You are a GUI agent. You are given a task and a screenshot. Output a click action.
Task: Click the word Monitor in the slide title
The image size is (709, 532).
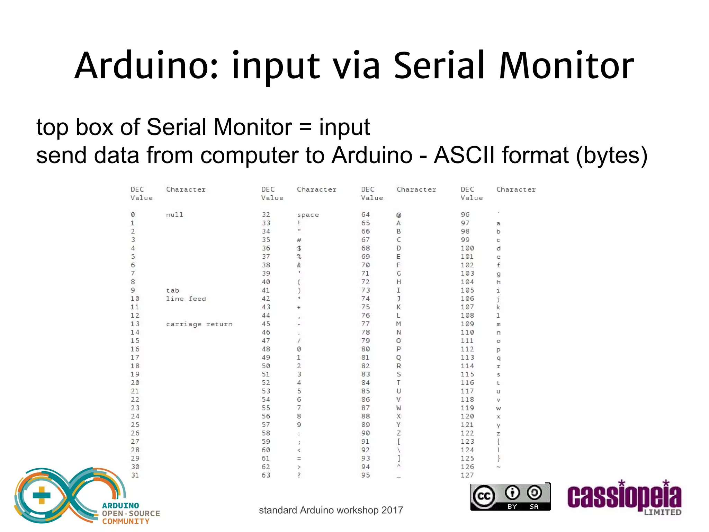[x=566, y=66]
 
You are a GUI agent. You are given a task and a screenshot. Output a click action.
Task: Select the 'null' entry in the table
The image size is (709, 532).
[x=174, y=215]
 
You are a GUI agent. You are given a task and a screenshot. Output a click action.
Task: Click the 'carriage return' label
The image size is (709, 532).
[x=199, y=324]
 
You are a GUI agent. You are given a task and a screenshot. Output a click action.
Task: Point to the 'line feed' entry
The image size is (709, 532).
[x=186, y=299]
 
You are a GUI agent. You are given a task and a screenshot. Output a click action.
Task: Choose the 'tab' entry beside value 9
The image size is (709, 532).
[x=173, y=291]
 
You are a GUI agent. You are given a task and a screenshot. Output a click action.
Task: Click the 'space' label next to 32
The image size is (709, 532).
[x=308, y=215]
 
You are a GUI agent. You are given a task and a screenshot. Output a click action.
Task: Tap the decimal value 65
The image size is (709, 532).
[x=366, y=223]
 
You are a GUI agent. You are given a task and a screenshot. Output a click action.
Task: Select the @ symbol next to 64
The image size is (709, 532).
[x=399, y=215]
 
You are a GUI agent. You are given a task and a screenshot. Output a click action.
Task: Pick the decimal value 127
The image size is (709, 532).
[x=467, y=475]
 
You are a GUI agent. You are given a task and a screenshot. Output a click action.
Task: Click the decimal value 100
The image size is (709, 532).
[x=467, y=248]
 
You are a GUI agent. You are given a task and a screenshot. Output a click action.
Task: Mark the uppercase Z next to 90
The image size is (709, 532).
[x=399, y=433]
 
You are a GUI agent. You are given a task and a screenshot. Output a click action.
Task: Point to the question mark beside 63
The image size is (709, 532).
[x=299, y=475]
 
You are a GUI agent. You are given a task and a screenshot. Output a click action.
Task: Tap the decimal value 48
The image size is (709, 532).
[x=266, y=349]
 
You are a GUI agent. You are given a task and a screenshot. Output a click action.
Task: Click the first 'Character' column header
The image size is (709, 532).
[x=186, y=189]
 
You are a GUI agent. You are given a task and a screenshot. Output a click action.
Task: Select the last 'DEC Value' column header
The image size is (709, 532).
[x=471, y=194]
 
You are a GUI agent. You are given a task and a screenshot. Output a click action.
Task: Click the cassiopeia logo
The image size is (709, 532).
[x=624, y=497]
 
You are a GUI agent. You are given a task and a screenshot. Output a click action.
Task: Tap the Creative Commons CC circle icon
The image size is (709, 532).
[x=484, y=496]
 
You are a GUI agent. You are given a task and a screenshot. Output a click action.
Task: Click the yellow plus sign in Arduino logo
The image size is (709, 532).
[x=42, y=495]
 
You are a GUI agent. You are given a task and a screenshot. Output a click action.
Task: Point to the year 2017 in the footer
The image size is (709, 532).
[x=392, y=510]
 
